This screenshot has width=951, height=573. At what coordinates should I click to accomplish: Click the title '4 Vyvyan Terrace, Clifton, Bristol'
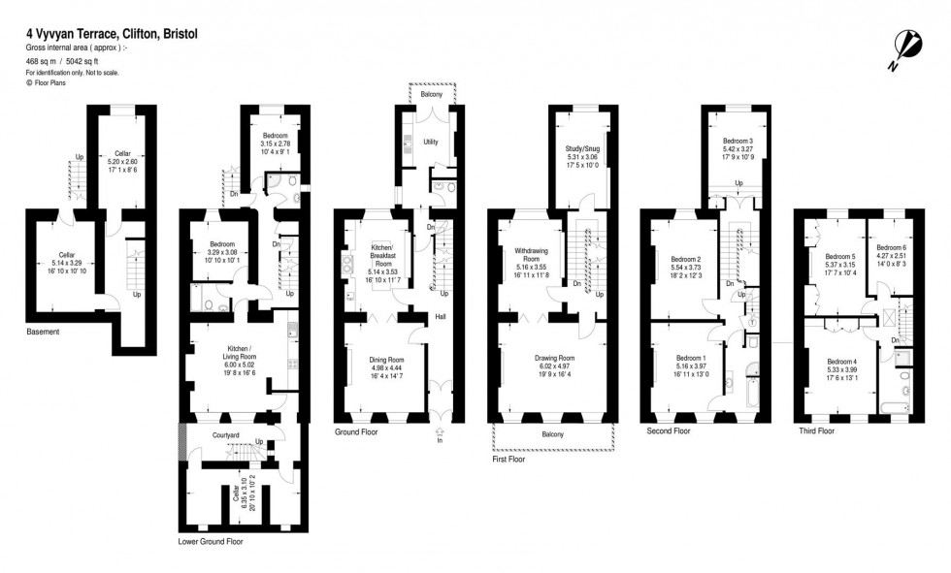[x=112, y=33]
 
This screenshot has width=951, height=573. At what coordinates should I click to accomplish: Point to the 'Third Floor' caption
[x=816, y=430]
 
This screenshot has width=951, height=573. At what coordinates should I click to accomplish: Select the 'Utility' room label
[x=431, y=142]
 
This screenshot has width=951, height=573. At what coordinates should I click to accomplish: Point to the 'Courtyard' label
[x=226, y=435]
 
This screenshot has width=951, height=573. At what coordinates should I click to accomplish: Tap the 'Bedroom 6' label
[x=890, y=247]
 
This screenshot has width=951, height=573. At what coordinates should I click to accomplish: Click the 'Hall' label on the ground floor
[x=441, y=316]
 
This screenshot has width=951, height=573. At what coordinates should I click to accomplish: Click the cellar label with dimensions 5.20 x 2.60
[x=122, y=153]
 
